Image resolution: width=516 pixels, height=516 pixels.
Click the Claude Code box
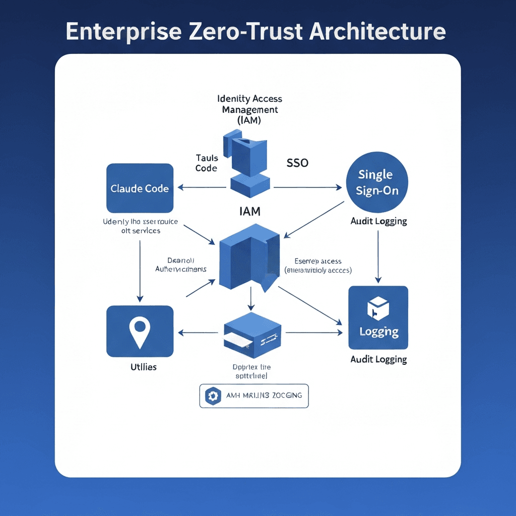coord(140,188)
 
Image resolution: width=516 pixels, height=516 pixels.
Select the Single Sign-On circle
coord(376,183)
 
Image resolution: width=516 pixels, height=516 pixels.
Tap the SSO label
coord(297,163)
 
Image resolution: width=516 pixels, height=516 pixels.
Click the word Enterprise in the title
coord(123,31)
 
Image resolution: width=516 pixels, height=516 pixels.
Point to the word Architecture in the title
coord(377,31)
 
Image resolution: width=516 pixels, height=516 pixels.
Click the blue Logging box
coord(378,317)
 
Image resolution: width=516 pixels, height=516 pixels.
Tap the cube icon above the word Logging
coord(378,308)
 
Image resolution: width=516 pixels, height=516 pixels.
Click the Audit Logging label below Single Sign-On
coord(378,221)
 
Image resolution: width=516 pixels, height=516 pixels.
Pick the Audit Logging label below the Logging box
coord(378,359)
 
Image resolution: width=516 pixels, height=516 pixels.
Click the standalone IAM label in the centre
coord(250,212)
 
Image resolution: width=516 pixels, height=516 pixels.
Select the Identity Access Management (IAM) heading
coord(249,109)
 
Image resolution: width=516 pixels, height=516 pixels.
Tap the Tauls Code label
coord(206,163)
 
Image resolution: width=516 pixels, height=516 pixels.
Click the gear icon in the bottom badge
coord(212,396)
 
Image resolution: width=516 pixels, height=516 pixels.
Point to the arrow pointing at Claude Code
coord(202,188)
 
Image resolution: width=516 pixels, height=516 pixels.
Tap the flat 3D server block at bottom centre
coord(252,333)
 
